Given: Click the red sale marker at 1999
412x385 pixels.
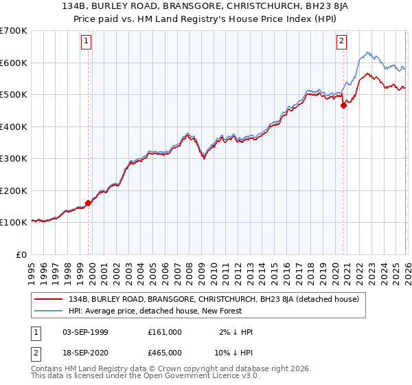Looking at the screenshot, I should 88,203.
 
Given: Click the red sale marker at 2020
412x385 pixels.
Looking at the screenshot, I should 344,106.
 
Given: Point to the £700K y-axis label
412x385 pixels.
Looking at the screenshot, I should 14,31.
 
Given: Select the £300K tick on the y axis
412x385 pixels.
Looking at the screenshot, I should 14,159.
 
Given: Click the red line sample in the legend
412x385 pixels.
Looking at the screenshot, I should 48,299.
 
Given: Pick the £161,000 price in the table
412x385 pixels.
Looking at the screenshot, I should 164,332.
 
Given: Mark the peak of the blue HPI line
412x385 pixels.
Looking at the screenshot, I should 367,52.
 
